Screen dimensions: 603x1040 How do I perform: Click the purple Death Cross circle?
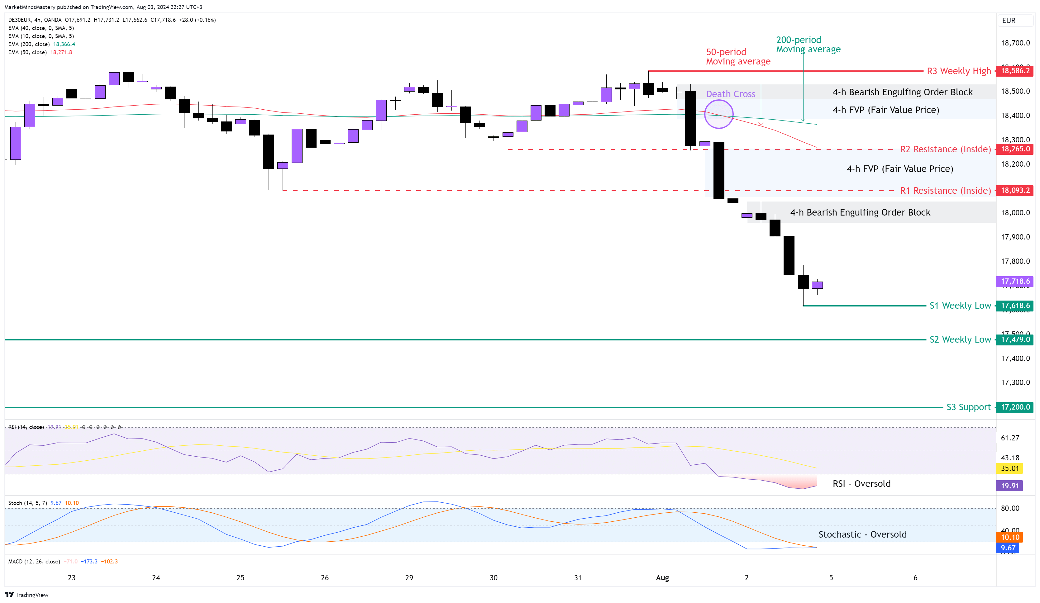point(718,114)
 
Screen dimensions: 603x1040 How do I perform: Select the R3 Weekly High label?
point(959,71)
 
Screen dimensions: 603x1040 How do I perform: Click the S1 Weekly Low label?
point(960,306)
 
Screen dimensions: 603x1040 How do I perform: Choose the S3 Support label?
point(968,407)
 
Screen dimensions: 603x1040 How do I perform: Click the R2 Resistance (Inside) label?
point(945,149)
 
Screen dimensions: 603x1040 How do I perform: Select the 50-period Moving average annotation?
point(738,56)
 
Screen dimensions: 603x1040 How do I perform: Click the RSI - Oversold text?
point(861,483)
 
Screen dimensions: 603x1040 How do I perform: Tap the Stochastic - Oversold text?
point(862,534)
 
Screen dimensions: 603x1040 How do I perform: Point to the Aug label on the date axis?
point(662,577)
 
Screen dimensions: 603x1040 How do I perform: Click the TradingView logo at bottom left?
point(26,595)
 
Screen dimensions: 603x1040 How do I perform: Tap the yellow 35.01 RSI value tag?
point(1009,468)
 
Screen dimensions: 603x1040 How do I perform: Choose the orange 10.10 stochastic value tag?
point(1009,537)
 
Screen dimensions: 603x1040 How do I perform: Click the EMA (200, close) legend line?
point(41,44)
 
